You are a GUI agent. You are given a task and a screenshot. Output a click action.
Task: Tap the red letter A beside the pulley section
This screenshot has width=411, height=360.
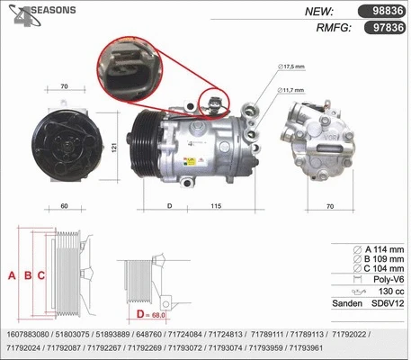coord(12,275)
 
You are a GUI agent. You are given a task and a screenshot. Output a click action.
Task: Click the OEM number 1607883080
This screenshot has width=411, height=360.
coord(27,332)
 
